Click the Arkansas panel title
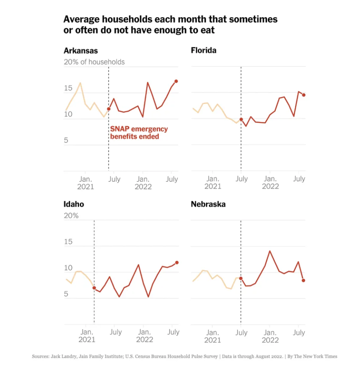pyautogui.click(x=81, y=51)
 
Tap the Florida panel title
pyautogui.click(x=204, y=51)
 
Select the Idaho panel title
pyautogui.click(x=74, y=204)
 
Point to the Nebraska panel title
pyautogui.click(x=208, y=204)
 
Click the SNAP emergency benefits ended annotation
pyautogui.click(x=139, y=133)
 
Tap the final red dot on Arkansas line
pyautogui.click(x=176, y=81)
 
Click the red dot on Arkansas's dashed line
pyautogui.click(x=109, y=109)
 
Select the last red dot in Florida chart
pyautogui.click(x=303, y=95)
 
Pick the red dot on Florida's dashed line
pyautogui.click(x=241, y=119)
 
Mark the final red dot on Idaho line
pyautogui.click(x=176, y=263)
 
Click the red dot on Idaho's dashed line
pyautogui.click(x=94, y=288)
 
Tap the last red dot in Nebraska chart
pyautogui.click(x=303, y=280)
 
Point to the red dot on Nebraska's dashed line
pyautogui.click(x=241, y=278)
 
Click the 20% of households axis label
pyautogui.click(x=94, y=62)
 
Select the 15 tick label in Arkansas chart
pyautogui.click(x=68, y=88)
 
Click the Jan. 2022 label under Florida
pyautogui.click(x=270, y=183)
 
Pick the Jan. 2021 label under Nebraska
pyautogui.click(x=212, y=336)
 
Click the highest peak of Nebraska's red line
pyautogui.click(x=270, y=251)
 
